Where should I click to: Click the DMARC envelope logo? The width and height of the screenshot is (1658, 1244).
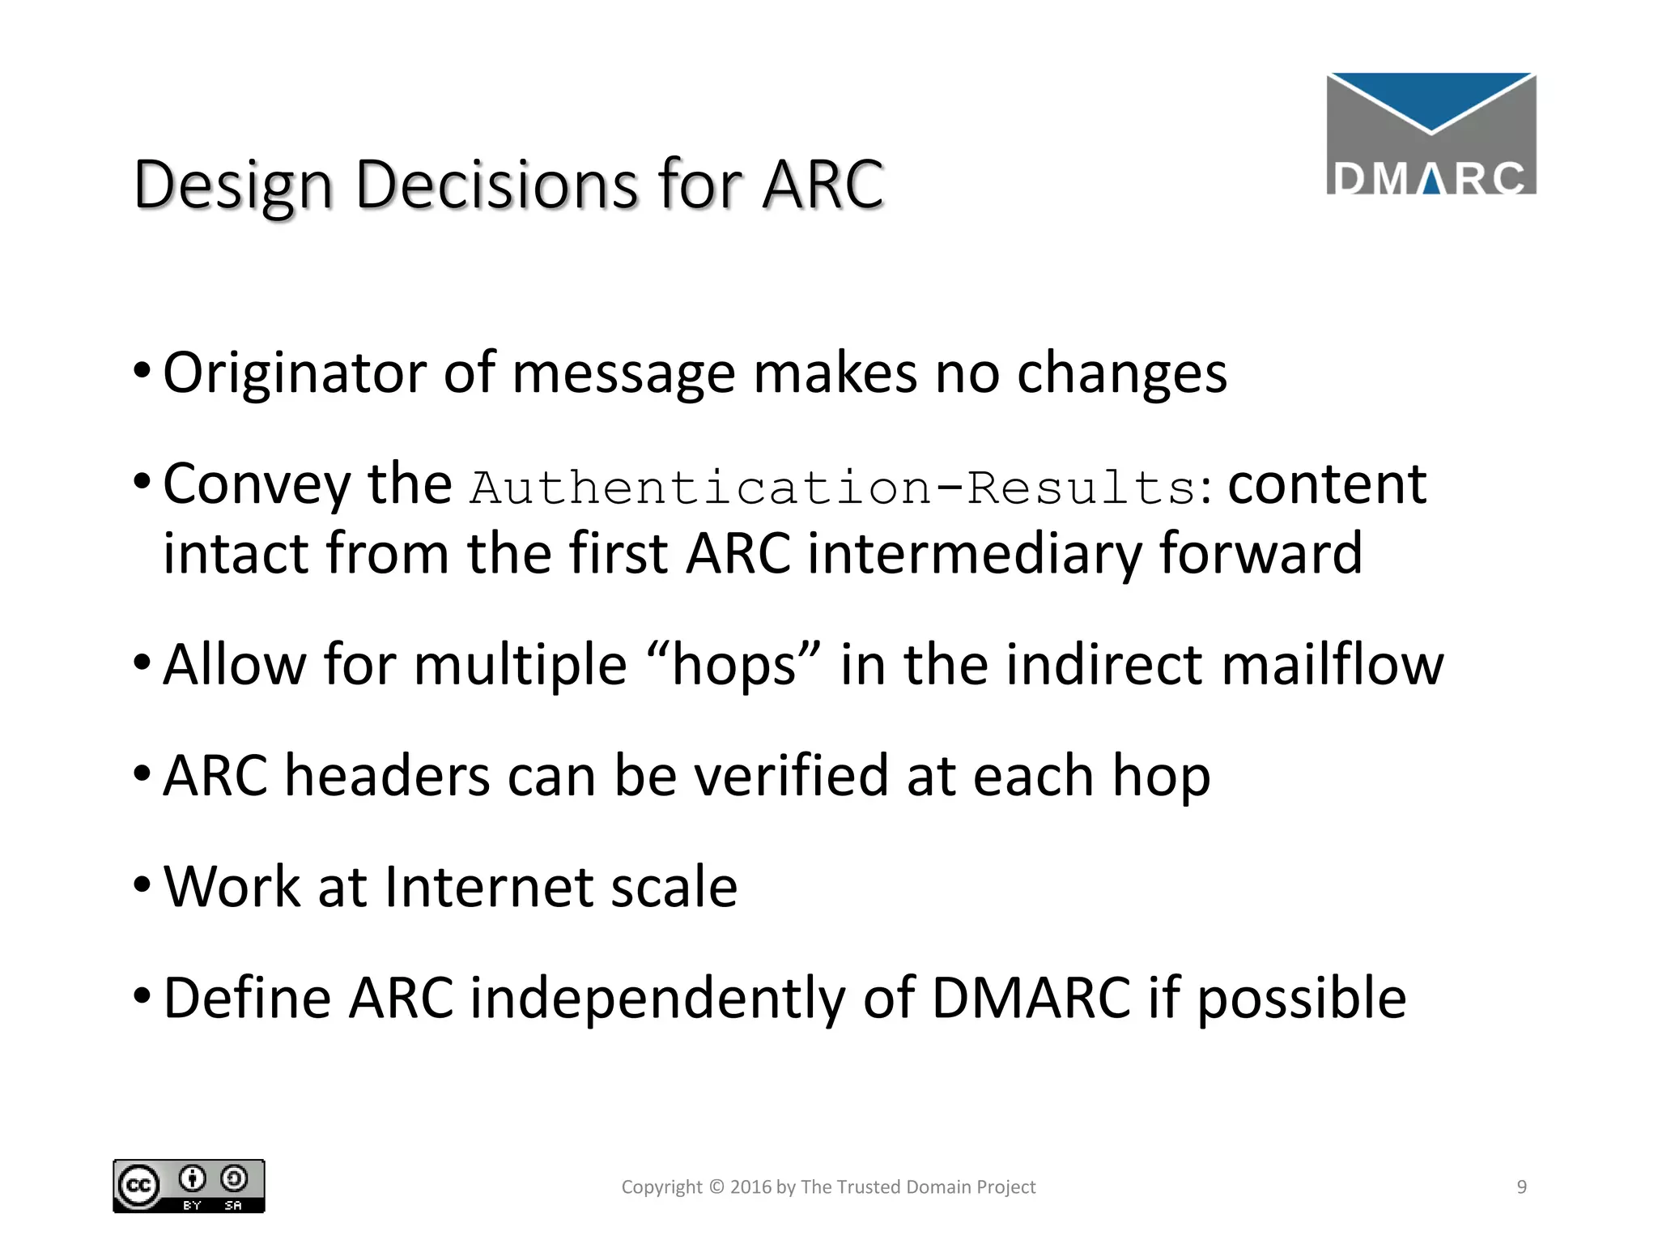1431,134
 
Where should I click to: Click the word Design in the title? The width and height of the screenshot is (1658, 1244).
233,186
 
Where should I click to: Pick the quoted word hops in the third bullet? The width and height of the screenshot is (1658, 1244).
734,666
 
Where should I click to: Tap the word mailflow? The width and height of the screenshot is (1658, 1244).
1332,665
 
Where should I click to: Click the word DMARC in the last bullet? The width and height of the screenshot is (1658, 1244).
1031,998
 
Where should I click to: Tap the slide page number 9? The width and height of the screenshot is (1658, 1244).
1521,1187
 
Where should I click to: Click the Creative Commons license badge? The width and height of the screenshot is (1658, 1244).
189,1186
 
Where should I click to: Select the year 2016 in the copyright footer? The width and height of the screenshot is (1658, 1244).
750,1187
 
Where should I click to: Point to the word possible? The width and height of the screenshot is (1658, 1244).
1301,999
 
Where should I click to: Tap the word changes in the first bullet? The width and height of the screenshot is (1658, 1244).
1121,374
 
